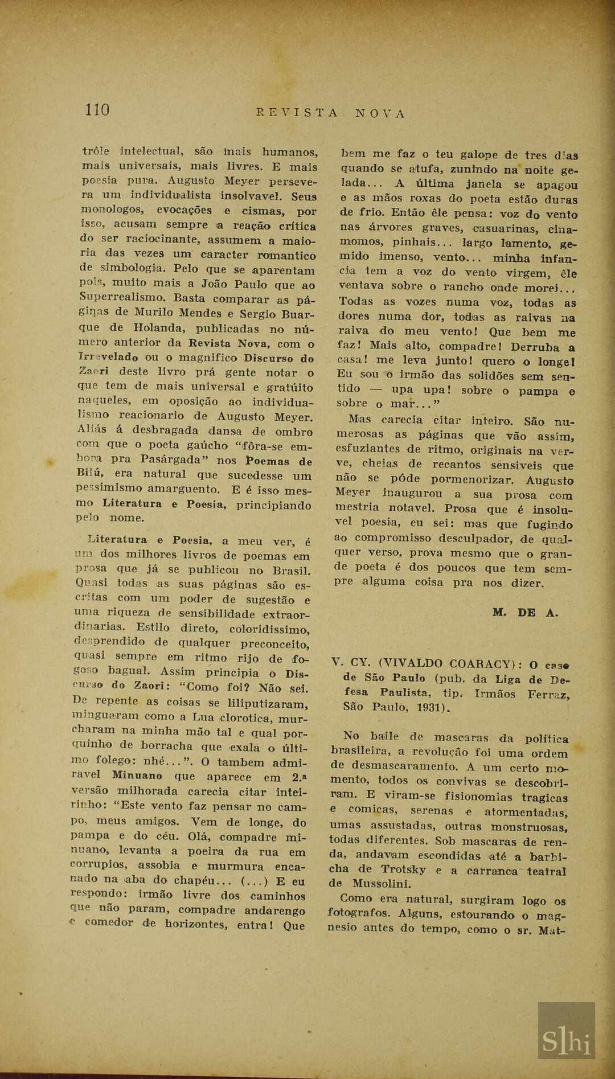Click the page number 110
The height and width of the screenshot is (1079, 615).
tap(97, 109)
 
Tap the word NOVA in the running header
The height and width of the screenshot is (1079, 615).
tap(380, 113)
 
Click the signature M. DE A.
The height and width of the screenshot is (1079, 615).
tap(526, 613)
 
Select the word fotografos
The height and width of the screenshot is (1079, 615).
tap(357, 912)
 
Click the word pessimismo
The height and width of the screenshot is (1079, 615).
tap(109, 488)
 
